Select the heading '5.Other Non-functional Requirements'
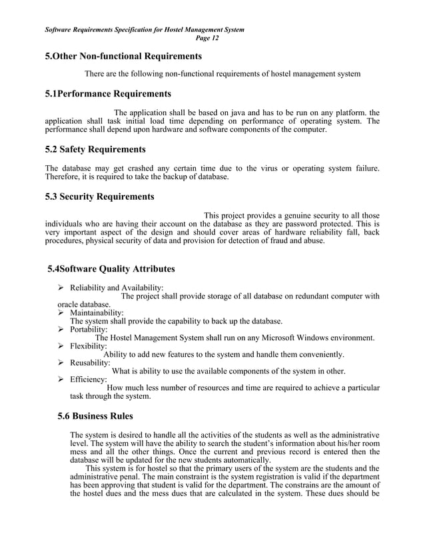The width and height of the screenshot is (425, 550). point(123,57)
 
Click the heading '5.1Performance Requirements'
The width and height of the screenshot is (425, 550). point(107,93)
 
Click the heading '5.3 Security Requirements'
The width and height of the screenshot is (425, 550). point(99,196)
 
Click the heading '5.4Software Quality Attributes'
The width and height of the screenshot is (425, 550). point(111,269)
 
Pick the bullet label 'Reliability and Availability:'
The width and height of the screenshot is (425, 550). point(117,288)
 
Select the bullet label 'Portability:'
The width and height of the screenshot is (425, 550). point(89,329)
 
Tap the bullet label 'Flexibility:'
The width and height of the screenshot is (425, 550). point(89,346)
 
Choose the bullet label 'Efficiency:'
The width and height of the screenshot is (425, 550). point(89,380)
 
